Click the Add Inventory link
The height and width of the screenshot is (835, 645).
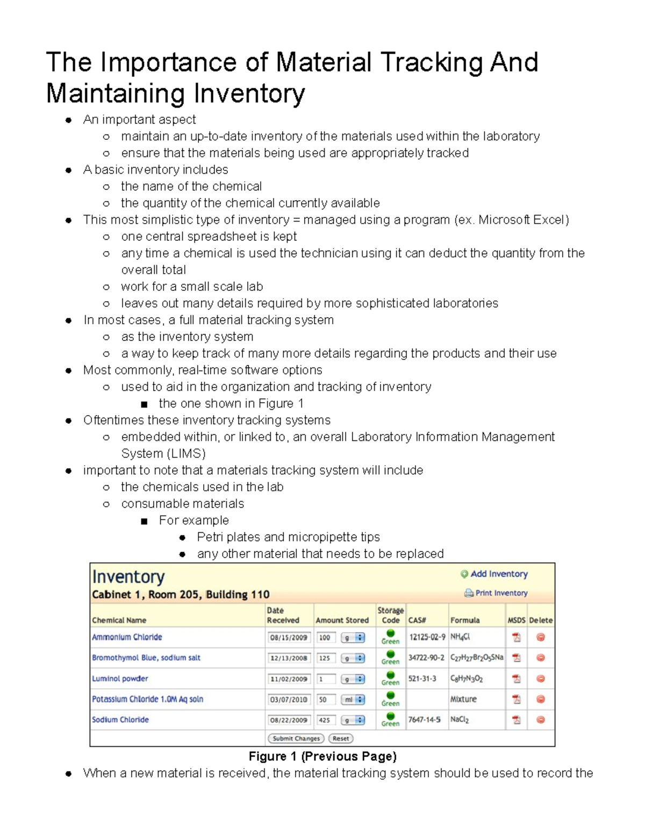tap(498, 574)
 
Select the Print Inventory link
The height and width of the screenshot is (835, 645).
tap(500, 593)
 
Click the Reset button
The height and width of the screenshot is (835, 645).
tap(341, 738)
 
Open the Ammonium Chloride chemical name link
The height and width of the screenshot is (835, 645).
tap(127, 637)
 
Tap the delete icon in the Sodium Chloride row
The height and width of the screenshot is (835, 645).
tap(541, 719)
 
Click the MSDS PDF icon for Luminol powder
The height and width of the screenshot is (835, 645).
tap(516, 679)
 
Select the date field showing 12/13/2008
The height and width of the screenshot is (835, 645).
tap(289, 658)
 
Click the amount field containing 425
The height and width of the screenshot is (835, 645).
tap(326, 720)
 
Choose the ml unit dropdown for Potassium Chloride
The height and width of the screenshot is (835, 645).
tap(353, 700)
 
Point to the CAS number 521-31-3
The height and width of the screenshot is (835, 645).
tap(422, 679)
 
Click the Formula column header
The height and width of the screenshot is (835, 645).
tap(465, 620)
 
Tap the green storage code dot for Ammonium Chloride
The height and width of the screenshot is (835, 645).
tap(391, 634)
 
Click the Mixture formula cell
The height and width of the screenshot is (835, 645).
tap(463, 699)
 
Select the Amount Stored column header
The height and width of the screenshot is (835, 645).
tap(342, 620)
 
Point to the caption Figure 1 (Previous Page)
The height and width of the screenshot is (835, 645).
tap(322, 757)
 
